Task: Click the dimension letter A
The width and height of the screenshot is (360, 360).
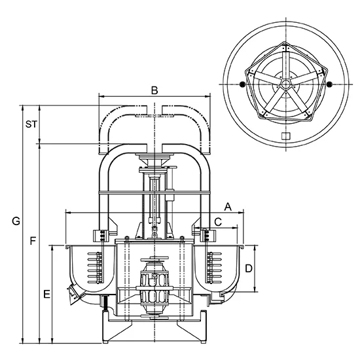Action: (x=228, y=207)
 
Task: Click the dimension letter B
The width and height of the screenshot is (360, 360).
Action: (x=154, y=90)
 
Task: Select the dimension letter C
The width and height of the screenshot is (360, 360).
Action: (x=218, y=222)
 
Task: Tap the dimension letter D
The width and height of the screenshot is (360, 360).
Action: (x=249, y=268)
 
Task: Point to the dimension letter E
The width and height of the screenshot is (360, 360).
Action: (x=47, y=294)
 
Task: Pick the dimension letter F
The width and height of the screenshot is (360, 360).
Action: (x=33, y=241)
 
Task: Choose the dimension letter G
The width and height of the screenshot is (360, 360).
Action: (x=16, y=221)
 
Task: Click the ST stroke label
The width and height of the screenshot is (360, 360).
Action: (x=31, y=124)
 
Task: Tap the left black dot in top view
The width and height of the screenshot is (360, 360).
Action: (x=242, y=84)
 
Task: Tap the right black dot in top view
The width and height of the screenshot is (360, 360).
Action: (x=329, y=84)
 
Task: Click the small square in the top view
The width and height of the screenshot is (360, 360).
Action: (x=286, y=136)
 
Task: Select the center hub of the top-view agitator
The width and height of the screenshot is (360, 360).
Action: (x=285, y=84)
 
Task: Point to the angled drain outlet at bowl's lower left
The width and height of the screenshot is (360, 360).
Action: (x=73, y=295)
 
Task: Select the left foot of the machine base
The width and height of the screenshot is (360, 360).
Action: (x=105, y=342)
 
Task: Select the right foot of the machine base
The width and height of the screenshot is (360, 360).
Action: (x=202, y=342)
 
